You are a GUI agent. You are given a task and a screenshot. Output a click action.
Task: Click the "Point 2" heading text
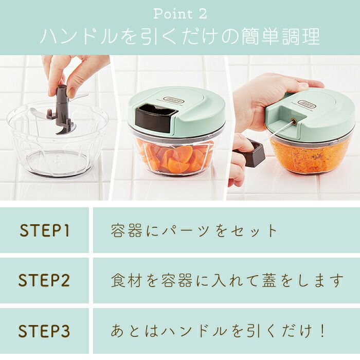180,14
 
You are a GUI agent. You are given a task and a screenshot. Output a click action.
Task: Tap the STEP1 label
45,230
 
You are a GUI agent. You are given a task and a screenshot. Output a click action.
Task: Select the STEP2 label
44,280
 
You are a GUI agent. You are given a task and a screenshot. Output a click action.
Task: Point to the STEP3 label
44,331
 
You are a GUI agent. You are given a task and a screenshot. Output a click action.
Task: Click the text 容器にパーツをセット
194,230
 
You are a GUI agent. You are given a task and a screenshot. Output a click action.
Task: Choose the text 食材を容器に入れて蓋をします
227,280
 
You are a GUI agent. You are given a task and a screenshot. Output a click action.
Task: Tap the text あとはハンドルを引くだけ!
218,331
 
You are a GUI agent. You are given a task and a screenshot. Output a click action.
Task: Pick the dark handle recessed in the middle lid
156,118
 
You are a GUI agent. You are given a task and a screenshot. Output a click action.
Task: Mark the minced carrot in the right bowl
311,153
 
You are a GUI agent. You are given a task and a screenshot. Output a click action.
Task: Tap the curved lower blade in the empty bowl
65,129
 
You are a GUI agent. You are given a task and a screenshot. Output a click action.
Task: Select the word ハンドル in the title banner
79,37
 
